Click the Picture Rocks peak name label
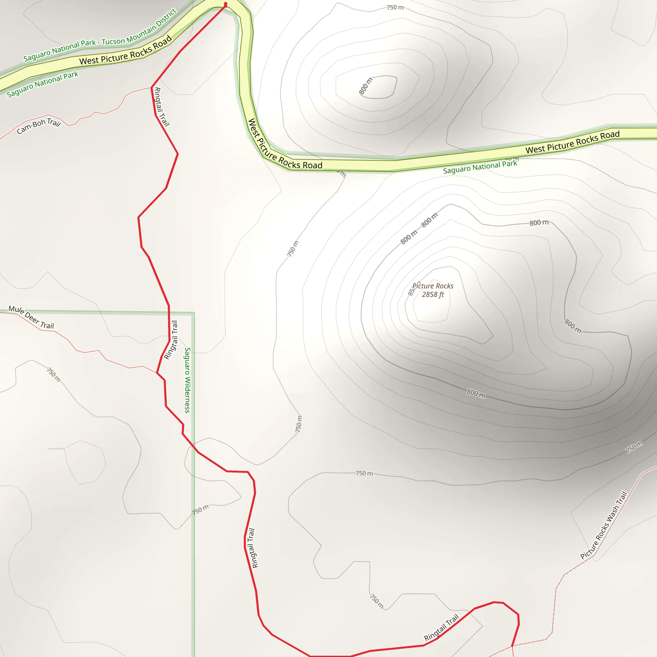[432, 286]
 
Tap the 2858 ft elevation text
[432, 295]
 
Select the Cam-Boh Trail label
[39, 126]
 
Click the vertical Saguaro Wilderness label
[187, 380]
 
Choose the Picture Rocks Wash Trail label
[604, 525]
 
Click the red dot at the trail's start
[226, 4]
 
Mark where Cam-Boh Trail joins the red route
[152, 87]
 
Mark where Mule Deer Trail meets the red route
[157, 372]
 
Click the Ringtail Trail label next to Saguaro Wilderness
[171, 340]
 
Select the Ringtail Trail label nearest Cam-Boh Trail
[162, 107]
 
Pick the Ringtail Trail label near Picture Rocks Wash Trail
[441, 628]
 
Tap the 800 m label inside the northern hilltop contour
[366, 86]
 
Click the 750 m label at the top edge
[395, 7]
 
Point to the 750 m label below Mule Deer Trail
[54, 374]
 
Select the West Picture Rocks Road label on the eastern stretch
[572, 141]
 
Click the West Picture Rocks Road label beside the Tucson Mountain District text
[125, 51]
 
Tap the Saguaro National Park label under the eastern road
[480, 166]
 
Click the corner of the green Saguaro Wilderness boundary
[194, 312]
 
